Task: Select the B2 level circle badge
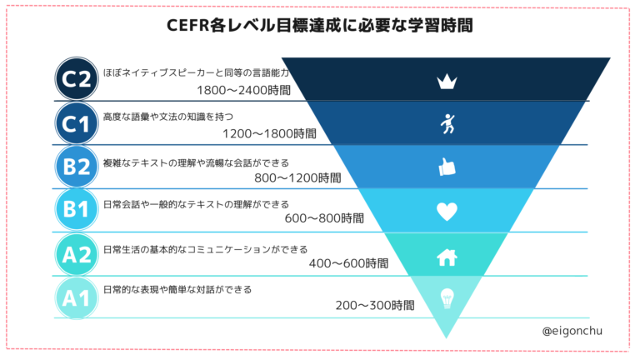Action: click(77, 167)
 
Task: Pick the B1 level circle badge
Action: click(77, 211)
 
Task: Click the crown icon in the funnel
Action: click(447, 82)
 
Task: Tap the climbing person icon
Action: click(447, 123)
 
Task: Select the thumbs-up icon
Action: click(447, 167)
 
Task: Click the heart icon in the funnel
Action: click(447, 212)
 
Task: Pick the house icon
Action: click(447, 257)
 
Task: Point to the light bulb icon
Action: click(447, 297)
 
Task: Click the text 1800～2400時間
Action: click(244, 89)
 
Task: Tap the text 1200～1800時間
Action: click(270, 133)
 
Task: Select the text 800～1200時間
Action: click(297, 177)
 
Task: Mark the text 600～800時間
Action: click(324, 218)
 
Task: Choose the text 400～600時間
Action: click(348, 262)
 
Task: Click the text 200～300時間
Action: click(375, 305)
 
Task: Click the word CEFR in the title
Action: click(187, 26)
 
